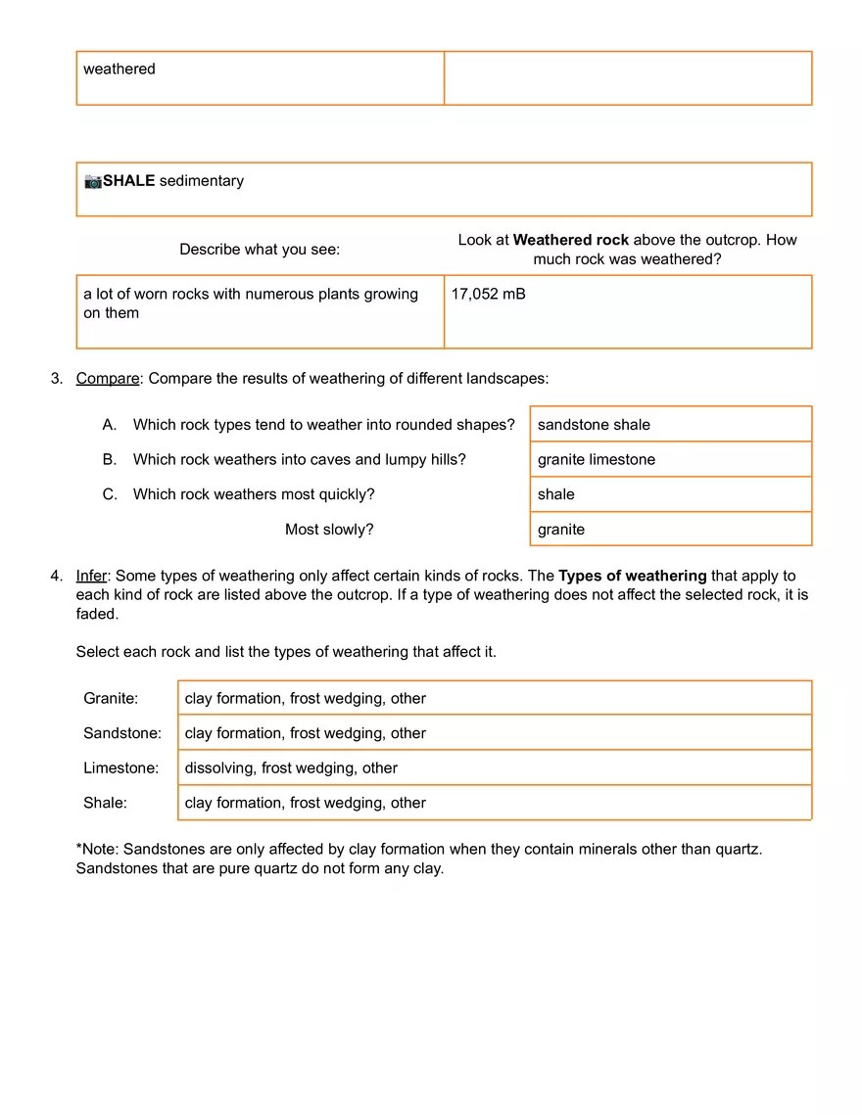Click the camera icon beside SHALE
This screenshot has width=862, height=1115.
point(93,181)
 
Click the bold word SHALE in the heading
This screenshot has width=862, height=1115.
point(129,181)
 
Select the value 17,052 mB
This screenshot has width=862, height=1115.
point(488,294)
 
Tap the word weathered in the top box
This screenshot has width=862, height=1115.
point(120,69)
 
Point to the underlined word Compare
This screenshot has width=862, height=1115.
point(108,378)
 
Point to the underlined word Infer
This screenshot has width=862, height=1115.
point(91,576)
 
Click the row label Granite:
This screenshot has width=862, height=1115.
point(111,699)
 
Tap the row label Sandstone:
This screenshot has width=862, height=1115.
point(122,733)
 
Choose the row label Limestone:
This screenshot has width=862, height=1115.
point(120,768)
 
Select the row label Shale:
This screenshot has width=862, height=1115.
point(105,803)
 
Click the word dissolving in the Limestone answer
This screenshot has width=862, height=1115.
point(219,768)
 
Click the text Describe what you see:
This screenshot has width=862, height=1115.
point(260,250)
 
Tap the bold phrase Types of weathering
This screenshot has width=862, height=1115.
point(632,576)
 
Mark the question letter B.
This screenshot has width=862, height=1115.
point(110,460)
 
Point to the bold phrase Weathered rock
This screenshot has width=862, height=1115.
point(571,240)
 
